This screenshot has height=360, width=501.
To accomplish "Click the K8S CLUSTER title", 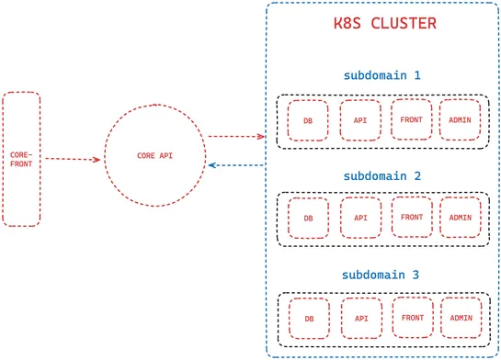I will click(x=384, y=23).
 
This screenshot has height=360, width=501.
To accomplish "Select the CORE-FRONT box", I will click(x=21, y=158).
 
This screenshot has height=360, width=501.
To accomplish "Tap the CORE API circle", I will click(x=154, y=156).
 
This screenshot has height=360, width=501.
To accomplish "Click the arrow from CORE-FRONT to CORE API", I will click(x=72, y=159).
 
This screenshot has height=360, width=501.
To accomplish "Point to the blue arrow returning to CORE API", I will click(x=237, y=165).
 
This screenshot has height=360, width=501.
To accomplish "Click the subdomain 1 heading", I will click(x=381, y=74).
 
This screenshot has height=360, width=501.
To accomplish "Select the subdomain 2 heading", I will click(x=381, y=174).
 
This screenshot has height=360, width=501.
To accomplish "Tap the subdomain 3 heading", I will click(x=381, y=275).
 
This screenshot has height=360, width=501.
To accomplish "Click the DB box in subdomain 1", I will click(x=309, y=120).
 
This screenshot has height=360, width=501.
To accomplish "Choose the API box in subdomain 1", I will click(x=360, y=120).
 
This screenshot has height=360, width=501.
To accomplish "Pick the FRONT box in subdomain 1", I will click(x=411, y=119).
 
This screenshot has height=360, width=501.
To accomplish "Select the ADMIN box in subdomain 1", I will click(x=461, y=119).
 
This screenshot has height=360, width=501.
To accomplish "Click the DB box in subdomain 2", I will click(x=309, y=219).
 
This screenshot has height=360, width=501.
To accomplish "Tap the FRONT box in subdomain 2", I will click(x=411, y=218).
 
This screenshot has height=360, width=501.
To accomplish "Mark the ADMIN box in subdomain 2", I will click(x=461, y=218).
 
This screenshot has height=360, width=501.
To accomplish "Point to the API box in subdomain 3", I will click(x=360, y=319).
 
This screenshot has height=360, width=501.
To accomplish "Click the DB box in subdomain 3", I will click(x=309, y=319).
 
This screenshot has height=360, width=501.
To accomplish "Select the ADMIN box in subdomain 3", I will click(x=461, y=318).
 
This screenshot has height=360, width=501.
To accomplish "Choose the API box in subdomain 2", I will click(x=360, y=219).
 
